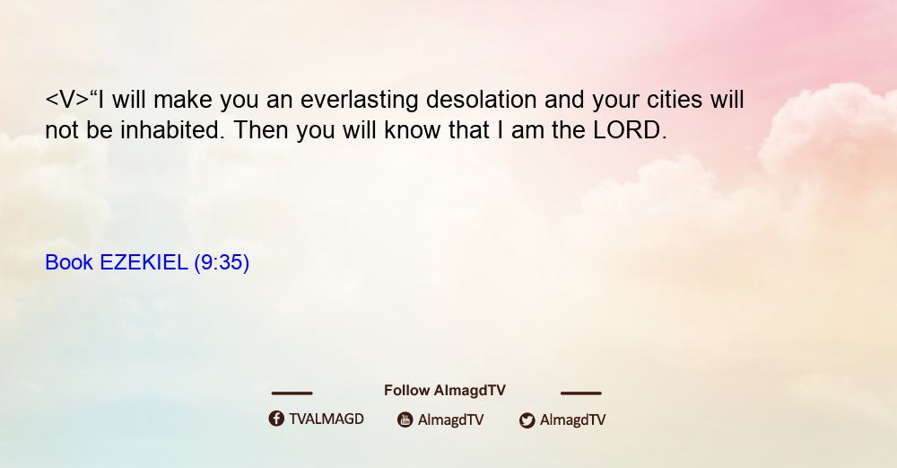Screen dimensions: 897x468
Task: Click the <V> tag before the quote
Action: (67, 100)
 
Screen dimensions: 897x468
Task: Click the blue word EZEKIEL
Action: (144, 262)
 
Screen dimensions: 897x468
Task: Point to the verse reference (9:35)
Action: (222, 263)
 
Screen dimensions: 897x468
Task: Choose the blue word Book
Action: (69, 262)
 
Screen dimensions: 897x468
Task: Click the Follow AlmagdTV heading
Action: (445, 391)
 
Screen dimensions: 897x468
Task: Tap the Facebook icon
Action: (276, 419)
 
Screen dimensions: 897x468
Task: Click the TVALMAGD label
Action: (327, 419)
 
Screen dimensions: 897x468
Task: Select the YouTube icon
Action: (405, 419)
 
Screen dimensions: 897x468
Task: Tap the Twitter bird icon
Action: (527, 420)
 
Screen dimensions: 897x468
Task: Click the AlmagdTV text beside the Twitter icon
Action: (572, 419)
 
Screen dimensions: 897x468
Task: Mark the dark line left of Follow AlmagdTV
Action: (292, 393)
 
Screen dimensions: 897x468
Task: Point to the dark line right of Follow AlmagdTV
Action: (581, 393)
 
